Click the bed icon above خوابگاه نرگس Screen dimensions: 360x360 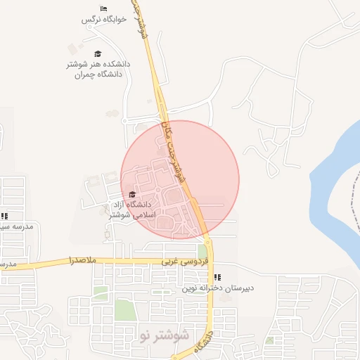(x=103, y=8)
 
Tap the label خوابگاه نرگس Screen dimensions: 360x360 (x=103, y=19)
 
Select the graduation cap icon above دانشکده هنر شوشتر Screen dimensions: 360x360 (x=98, y=53)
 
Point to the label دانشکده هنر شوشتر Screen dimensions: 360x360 (x=98, y=64)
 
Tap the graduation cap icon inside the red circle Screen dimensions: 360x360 (x=132, y=194)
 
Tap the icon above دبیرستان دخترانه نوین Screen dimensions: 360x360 (x=217, y=277)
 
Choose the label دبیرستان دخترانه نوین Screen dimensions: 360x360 (x=217, y=288)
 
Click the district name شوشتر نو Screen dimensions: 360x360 (x=165, y=334)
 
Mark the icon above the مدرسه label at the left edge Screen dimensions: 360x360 (x=4, y=216)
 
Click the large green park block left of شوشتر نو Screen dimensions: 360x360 (x=124, y=310)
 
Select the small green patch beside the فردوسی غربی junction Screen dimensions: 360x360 (x=202, y=251)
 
